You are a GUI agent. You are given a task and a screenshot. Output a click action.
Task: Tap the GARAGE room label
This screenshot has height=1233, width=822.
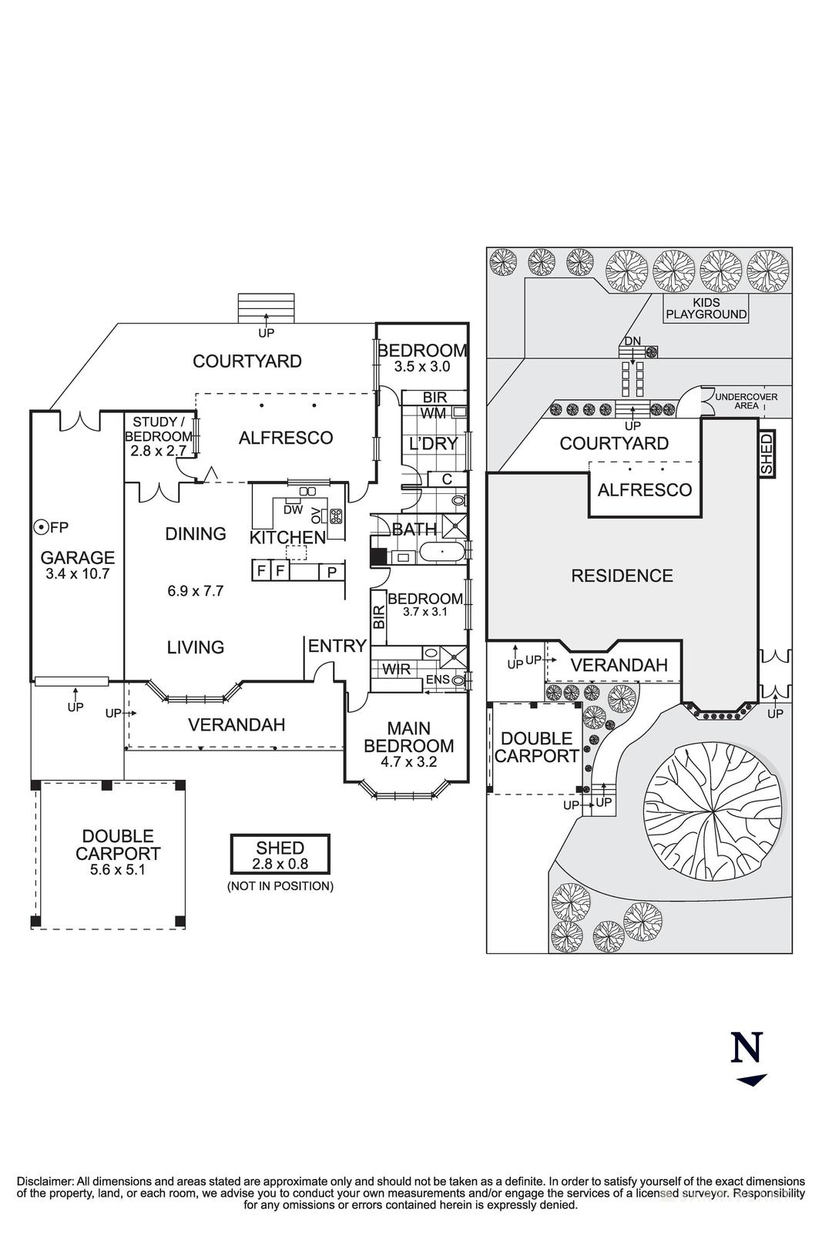pyautogui.click(x=78, y=558)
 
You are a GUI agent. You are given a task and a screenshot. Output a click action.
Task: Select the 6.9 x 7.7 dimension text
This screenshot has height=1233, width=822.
pyautogui.click(x=196, y=591)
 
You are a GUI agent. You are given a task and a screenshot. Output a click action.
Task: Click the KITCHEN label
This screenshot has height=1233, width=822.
pyautogui.click(x=287, y=538)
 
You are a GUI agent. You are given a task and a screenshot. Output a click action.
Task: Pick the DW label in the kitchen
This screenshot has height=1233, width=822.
pyautogui.click(x=294, y=509)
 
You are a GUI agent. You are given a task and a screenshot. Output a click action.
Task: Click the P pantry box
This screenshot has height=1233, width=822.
pyautogui.click(x=332, y=572)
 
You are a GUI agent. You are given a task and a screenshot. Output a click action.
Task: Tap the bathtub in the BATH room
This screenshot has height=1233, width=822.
pyautogui.click(x=441, y=552)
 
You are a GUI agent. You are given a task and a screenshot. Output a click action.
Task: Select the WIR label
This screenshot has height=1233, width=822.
pyautogui.click(x=396, y=670)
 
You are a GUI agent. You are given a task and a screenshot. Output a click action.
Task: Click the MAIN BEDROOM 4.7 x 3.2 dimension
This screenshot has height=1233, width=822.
pyautogui.click(x=409, y=762)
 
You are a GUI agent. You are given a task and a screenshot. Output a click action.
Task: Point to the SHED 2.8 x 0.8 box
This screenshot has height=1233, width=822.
pyautogui.click(x=280, y=854)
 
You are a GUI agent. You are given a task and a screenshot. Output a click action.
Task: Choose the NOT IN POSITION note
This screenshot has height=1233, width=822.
pyautogui.click(x=280, y=886)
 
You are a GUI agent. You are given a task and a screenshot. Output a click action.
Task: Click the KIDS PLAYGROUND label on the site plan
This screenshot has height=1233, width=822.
pyautogui.click(x=706, y=308)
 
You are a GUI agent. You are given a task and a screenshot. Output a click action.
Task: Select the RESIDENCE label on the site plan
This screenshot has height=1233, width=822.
pyautogui.click(x=622, y=576)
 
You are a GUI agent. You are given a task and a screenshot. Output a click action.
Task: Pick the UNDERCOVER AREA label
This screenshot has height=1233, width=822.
pyautogui.click(x=747, y=401)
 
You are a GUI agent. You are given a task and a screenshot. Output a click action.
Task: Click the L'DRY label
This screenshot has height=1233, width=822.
pyautogui.click(x=434, y=443)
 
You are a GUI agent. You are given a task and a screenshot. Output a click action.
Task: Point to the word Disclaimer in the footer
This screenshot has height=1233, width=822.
pyautogui.click(x=45, y=1181)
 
